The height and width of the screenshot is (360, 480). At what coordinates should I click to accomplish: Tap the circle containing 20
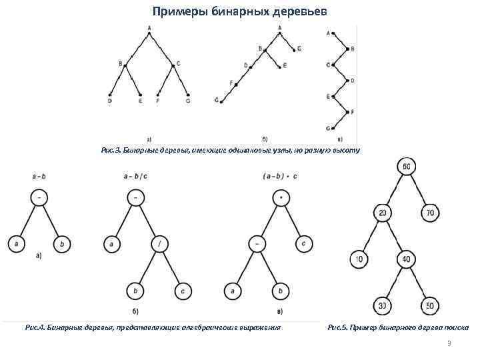click(383, 213)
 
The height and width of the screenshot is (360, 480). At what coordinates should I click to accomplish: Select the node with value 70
click(429, 213)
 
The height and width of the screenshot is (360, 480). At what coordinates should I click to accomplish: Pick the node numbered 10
click(359, 259)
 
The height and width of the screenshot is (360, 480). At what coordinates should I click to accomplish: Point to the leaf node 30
click(383, 306)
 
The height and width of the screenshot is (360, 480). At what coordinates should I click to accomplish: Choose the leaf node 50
click(429, 306)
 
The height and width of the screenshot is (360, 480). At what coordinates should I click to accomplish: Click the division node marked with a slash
click(159, 244)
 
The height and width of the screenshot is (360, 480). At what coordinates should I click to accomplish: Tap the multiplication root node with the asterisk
click(281, 198)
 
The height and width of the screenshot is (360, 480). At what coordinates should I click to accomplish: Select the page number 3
click(449, 344)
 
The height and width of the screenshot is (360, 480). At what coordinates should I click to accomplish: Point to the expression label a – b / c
click(135, 177)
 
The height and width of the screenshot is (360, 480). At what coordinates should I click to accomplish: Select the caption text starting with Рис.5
click(398, 327)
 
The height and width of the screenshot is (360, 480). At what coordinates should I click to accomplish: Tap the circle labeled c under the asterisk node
click(303, 244)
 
